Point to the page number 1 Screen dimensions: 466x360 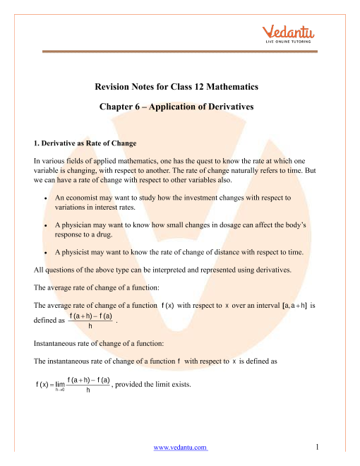pyautogui.click(x=320, y=447)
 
